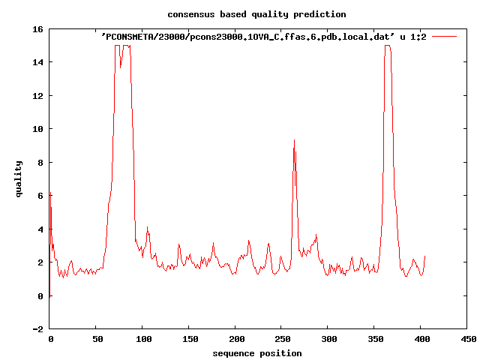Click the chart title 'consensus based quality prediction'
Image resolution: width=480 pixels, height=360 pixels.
tap(246, 14)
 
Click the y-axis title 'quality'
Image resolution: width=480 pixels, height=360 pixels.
tap(19, 178)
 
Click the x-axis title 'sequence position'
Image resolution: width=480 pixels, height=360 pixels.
tap(257, 353)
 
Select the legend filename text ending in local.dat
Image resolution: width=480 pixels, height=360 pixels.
tap(263, 36)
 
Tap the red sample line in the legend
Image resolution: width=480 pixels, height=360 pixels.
tap(445, 36)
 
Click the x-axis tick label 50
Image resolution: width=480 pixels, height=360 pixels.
tap(96, 340)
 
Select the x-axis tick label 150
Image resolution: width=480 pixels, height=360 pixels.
tap(189, 340)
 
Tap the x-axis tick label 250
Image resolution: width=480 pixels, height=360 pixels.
tap(282, 340)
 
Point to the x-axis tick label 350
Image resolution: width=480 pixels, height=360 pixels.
tap(375, 340)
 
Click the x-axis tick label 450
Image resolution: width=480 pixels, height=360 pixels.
tap(468, 340)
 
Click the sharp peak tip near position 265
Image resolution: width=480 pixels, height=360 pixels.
tap(294, 139)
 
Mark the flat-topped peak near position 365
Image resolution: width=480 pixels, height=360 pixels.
tap(388, 46)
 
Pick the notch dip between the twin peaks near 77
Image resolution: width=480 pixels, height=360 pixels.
tap(121, 67)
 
